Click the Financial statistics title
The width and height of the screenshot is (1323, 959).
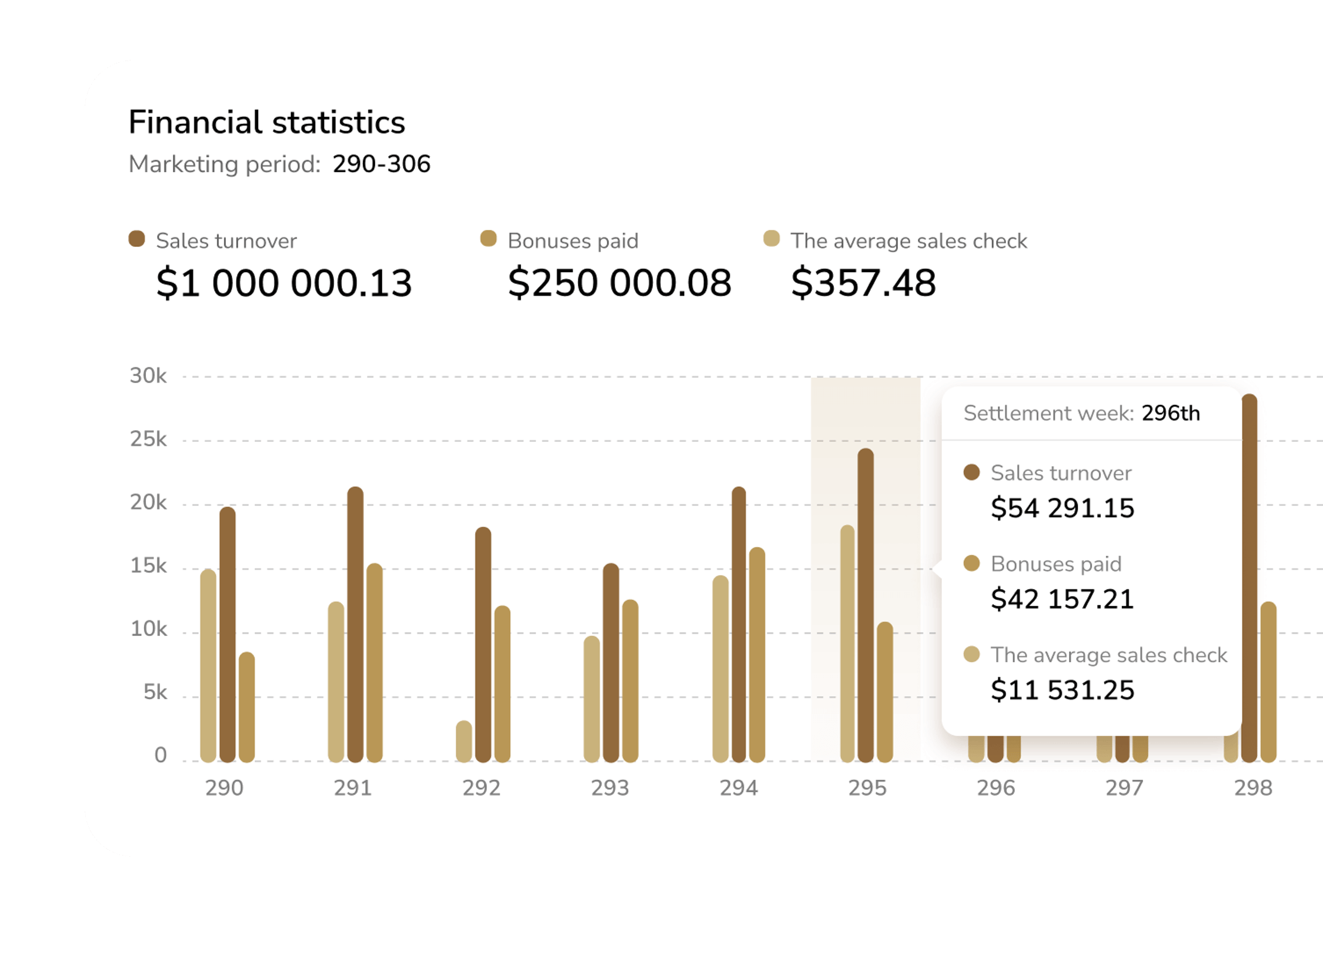266,122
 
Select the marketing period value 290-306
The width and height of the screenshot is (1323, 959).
381,164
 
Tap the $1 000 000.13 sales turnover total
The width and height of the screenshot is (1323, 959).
283,283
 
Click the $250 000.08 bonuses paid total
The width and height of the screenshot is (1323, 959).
619,283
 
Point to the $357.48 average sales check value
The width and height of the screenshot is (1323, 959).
863,283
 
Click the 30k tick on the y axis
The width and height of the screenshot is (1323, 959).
148,375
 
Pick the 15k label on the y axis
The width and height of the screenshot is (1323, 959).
148,566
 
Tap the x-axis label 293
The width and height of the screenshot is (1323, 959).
610,788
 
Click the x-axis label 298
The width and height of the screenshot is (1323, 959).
1253,788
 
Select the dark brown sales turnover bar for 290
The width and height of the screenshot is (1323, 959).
228,635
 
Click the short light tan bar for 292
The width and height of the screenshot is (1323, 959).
464,742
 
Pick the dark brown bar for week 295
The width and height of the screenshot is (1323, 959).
866,605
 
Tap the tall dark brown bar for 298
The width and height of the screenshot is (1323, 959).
1249,579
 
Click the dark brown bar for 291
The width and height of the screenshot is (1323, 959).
355,624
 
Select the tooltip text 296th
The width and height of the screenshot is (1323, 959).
1171,413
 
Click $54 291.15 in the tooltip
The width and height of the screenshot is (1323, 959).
1062,508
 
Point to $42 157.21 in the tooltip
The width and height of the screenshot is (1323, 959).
1062,599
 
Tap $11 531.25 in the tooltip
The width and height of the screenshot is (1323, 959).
1062,690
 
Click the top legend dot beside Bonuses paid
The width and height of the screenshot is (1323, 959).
489,239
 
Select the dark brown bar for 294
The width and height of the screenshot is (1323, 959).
739,624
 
